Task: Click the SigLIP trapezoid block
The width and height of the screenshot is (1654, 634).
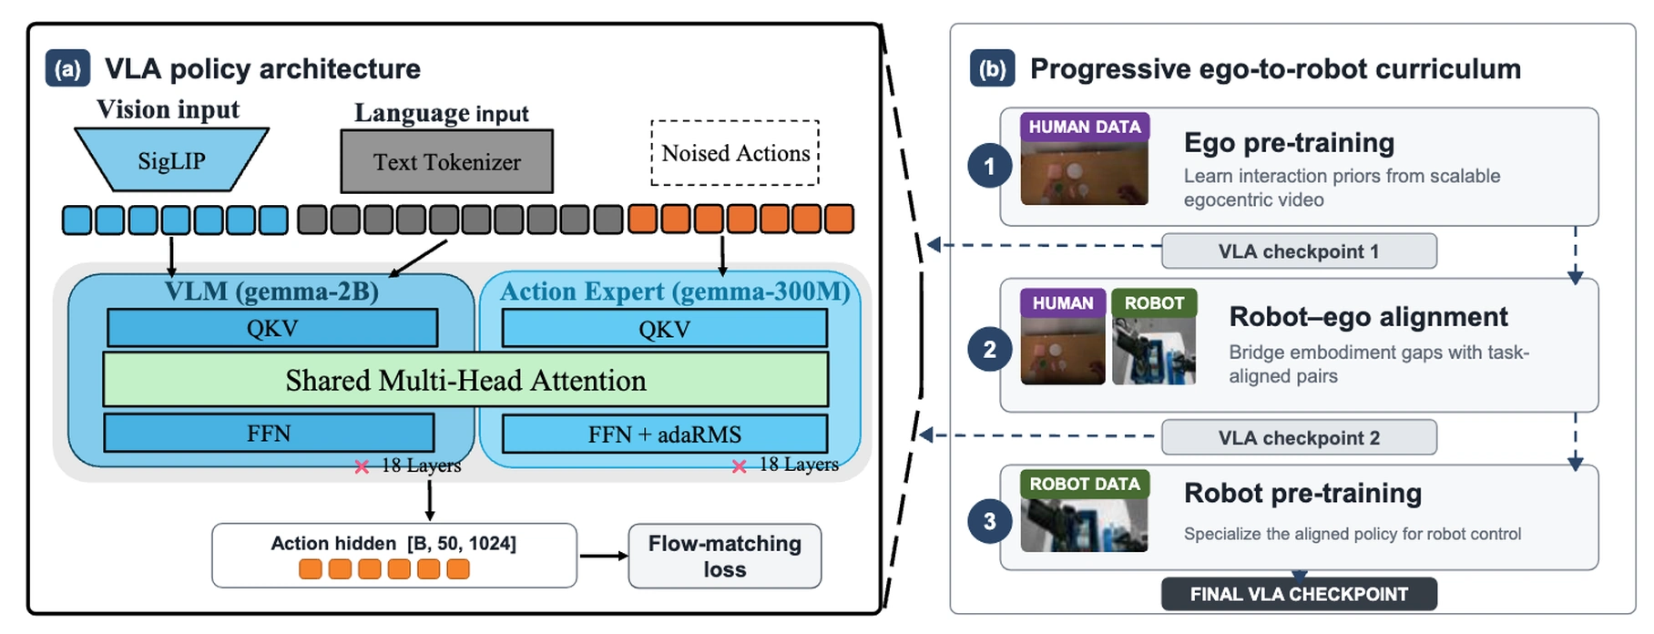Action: pyautogui.click(x=171, y=159)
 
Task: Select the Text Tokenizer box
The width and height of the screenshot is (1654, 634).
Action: pyautogui.click(x=446, y=161)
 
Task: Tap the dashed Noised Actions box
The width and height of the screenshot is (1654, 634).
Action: pyautogui.click(x=735, y=153)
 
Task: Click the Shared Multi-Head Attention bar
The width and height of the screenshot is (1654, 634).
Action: pyautogui.click(x=465, y=380)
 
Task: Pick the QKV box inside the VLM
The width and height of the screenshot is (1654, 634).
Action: pyautogui.click(x=272, y=328)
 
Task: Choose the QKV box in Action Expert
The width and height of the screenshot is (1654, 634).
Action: pyautogui.click(x=664, y=328)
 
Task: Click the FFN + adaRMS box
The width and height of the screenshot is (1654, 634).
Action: pyautogui.click(x=664, y=434)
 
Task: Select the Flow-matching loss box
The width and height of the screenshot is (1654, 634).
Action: pyautogui.click(x=724, y=556)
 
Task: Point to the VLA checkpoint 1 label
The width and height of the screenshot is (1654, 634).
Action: pyautogui.click(x=1299, y=251)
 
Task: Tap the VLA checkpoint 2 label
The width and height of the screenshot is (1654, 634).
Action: pyautogui.click(x=1299, y=437)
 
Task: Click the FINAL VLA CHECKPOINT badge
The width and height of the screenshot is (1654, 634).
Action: pyautogui.click(x=1299, y=594)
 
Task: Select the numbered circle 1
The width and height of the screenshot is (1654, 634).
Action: pyautogui.click(x=989, y=167)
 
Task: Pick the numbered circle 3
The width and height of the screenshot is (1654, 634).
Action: pyautogui.click(x=989, y=522)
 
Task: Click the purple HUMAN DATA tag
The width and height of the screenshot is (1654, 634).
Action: pyautogui.click(x=1085, y=127)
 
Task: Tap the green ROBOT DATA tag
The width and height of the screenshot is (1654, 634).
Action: pyautogui.click(x=1085, y=484)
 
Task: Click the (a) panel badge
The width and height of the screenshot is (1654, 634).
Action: pyautogui.click(x=67, y=69)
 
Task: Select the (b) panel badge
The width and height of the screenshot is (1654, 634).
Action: pyautogui.click(x=992, y=69)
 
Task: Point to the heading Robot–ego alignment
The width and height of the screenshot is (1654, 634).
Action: pyautogui.click(x=1368, y=316)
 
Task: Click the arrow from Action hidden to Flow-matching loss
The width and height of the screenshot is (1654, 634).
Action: pyautogui.click(x=603, y=556)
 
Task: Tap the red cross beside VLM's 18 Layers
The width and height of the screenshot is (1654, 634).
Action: pyautogui.click(x=362, y=466)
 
